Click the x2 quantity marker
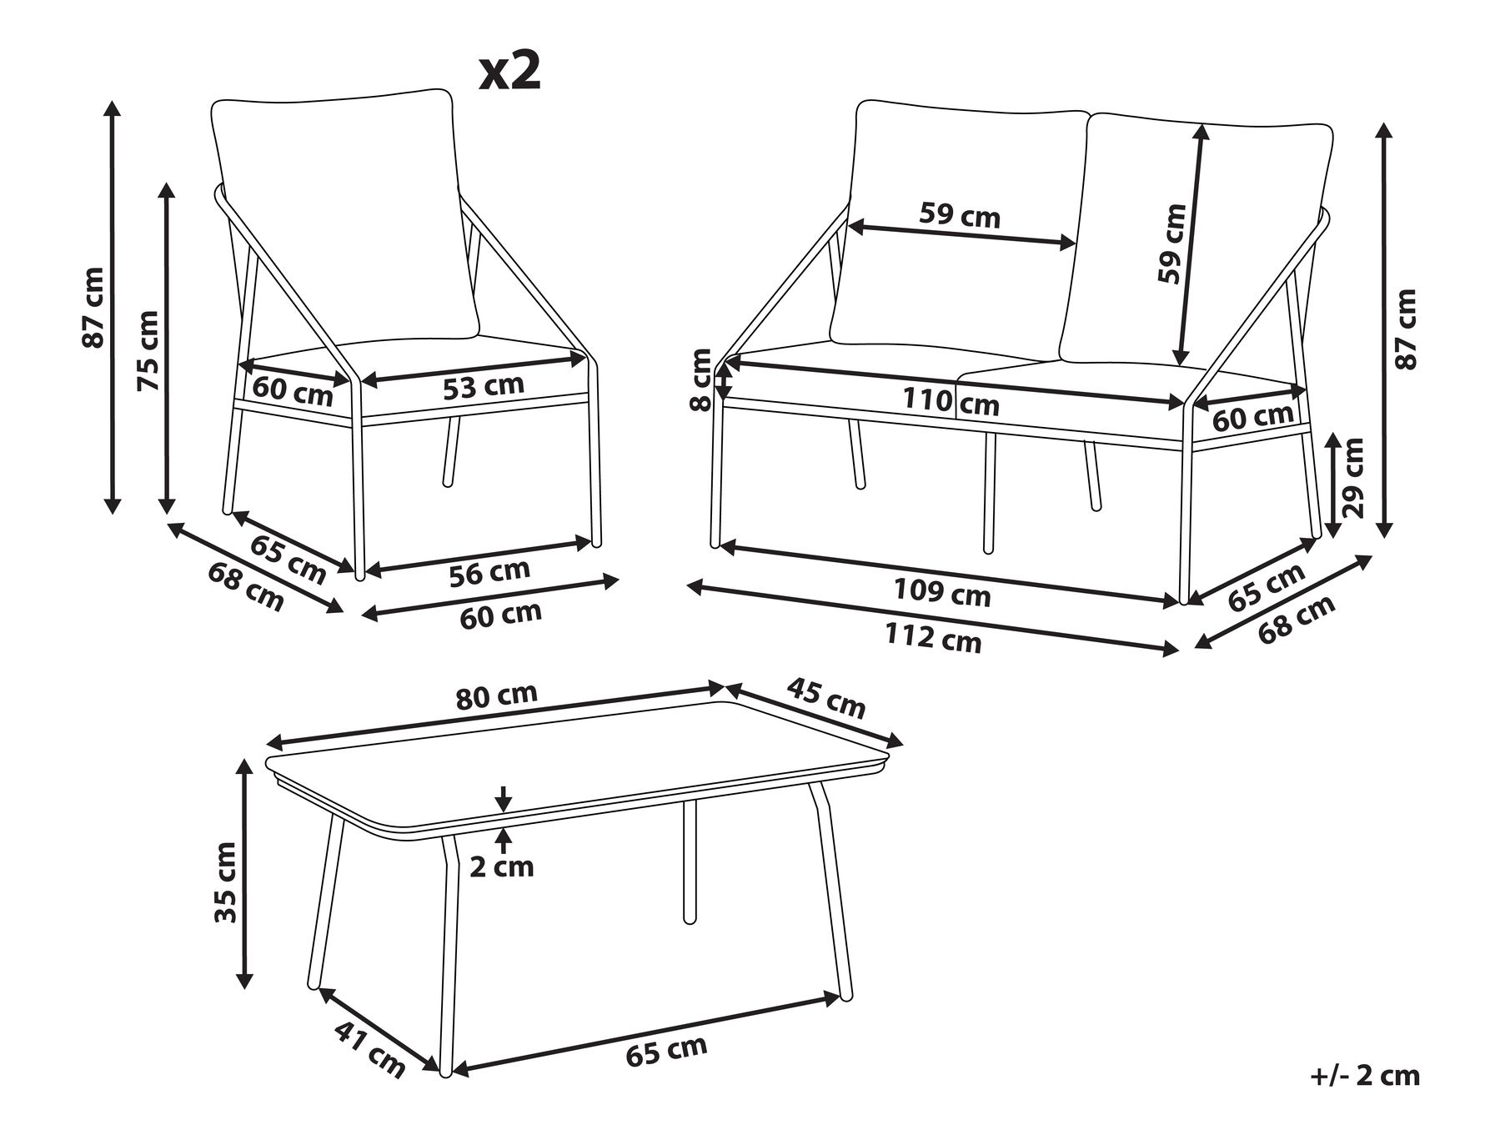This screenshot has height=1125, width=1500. coord(510,73)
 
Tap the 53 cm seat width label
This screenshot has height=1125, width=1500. coord(484,386)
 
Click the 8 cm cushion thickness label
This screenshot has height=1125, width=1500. coord(702,379)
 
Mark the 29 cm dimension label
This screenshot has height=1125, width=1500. coord(1352,478)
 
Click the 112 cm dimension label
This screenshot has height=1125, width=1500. coord(932,638)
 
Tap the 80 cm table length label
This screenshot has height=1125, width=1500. coord(497,696)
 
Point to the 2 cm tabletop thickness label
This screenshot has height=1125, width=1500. coord(501,866)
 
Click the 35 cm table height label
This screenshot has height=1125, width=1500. coord(226,882)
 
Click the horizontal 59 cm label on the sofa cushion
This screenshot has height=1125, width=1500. coord(959,216)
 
